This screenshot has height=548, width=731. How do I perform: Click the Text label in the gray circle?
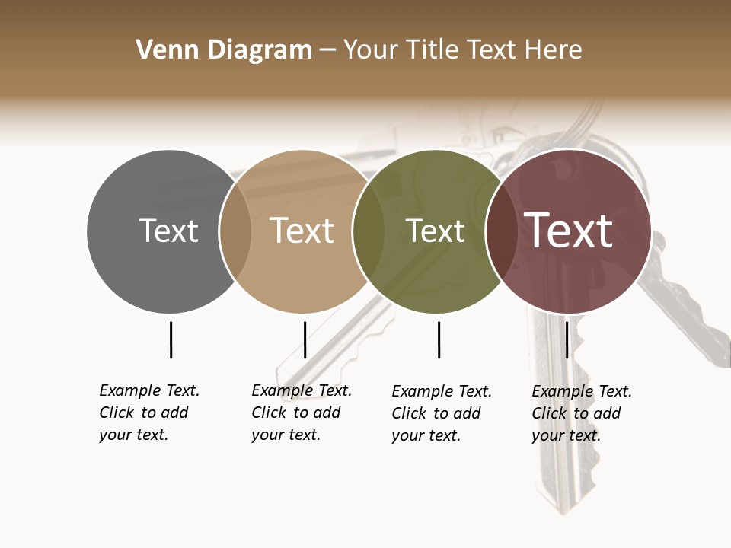point(168,231)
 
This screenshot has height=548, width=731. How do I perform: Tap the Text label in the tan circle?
point(302,231)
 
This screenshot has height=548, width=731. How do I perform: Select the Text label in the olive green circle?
point(435,231)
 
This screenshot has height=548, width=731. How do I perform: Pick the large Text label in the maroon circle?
point(568,231)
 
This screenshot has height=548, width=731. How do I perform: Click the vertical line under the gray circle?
point(171,339)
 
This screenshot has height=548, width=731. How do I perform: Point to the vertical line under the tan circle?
point(305,339)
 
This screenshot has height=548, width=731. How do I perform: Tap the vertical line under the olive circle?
point(439,339)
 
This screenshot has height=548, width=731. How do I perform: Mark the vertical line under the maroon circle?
point(567,339)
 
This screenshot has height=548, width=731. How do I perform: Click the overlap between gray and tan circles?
point(235,231)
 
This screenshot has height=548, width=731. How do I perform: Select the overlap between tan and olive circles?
point(369,231)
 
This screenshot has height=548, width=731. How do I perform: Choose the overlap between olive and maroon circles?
point(502,231)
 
